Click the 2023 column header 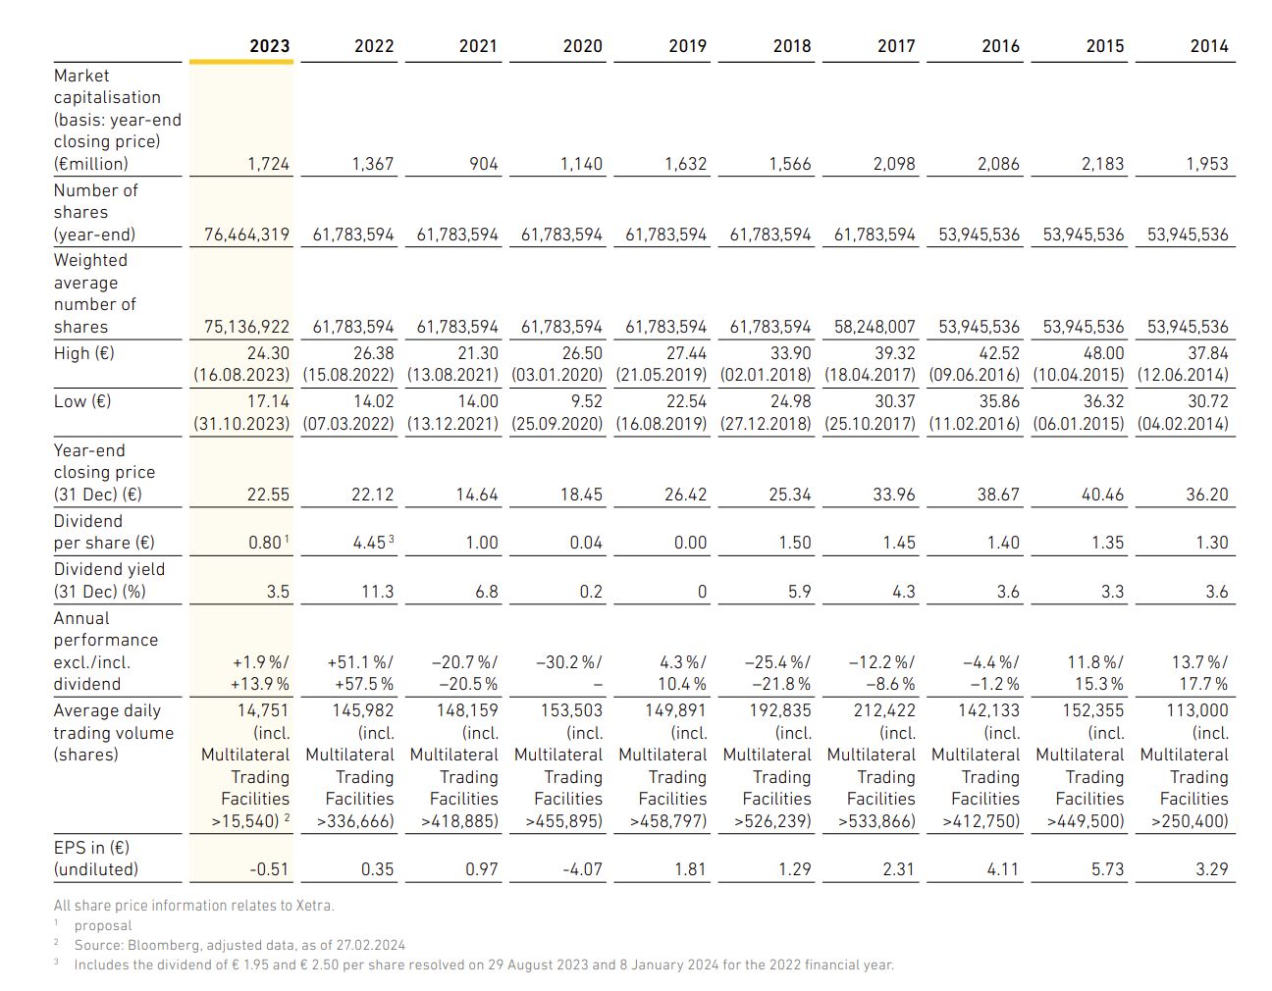click(269, 46)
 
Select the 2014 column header click(1209, 46)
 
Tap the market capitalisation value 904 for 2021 click(484, 164)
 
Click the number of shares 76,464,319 click(246, 235)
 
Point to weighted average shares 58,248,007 click(874, 327)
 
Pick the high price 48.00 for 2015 click(1103, 353)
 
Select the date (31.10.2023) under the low click(241, 424)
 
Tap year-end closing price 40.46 click(1102, 495)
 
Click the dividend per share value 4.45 click(369, 543)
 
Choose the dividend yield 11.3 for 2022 click(377, 592)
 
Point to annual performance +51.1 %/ click(360, 662)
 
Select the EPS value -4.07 click(582, 869)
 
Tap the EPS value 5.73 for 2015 click(1107, 869)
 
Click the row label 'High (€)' click(83, 353)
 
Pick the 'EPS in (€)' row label click(91, 848)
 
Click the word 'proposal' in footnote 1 click(102, 926)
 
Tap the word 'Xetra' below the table click(314, 906)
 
